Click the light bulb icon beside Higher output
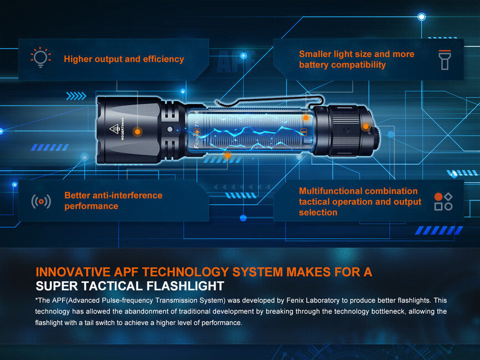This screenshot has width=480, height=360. point(40,57)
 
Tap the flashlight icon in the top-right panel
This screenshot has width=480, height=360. point(445,60)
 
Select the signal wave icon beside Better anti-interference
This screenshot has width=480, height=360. point(41,201)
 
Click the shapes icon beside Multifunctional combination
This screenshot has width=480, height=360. point(443,202)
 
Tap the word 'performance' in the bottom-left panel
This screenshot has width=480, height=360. point(91,206)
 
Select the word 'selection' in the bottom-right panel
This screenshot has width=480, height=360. point(318,212)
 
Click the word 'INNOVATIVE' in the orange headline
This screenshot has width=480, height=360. point(73,272)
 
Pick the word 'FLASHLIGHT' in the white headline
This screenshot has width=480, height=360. point(186,286)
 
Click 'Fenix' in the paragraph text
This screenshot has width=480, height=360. point(295,300)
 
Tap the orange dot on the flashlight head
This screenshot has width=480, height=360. point(137,132)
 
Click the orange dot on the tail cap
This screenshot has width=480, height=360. point(365,126)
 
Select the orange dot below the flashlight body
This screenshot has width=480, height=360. point(227,156)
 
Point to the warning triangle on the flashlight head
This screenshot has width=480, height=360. point(114,128)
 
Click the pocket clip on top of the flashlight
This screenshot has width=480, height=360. point(269,100)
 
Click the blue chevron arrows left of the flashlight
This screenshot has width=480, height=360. point(76,96)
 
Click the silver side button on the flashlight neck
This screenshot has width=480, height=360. point(170,130)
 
